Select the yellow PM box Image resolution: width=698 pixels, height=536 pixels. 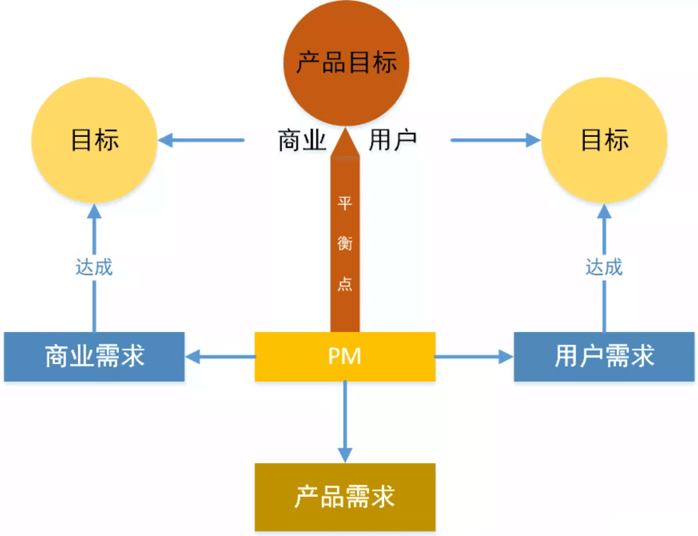[x=345, y=356]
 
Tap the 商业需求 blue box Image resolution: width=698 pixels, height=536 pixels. [x=95, y=357]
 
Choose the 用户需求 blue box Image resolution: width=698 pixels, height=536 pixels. [x=605, y=357]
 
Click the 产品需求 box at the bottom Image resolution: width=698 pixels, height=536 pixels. [x=345, y=497]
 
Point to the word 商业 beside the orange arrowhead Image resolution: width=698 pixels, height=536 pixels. [x=302, y=140]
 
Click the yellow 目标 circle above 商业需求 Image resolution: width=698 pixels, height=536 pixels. [x=95, y=141]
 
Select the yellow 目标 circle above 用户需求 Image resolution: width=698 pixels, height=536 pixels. [x=605, y=141]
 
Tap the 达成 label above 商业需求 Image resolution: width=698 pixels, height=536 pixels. [x=95, y=267]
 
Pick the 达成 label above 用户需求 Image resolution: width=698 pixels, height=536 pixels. [x=605, y=267]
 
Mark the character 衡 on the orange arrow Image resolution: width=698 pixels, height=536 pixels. [x=345, y=244]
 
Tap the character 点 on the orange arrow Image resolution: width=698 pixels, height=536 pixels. [x=345, y=283]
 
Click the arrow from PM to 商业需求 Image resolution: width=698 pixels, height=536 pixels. [x=221, y=357]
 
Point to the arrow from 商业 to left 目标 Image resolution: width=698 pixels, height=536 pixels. [x=201, y=139]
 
